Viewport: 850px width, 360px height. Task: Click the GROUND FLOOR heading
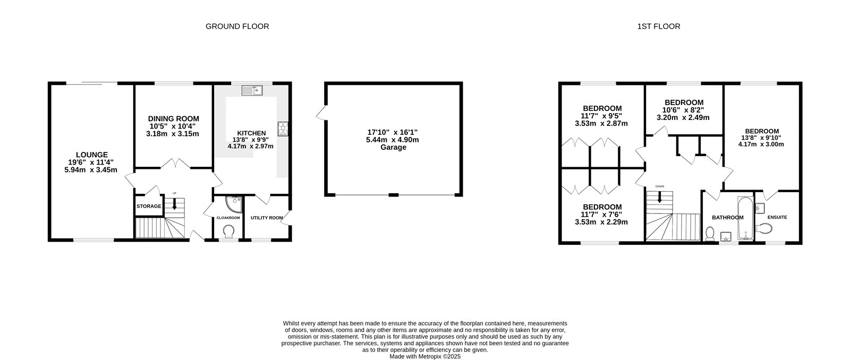point(237,26)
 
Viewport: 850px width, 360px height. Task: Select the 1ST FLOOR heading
point(658,26)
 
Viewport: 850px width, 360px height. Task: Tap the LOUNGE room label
point(91,155)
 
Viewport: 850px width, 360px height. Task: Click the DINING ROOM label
point(173,118)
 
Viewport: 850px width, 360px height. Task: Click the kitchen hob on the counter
point(282,128)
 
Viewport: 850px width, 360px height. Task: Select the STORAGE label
point(149,206)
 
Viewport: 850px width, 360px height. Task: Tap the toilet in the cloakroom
point(229,232)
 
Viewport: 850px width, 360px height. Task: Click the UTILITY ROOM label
point(267,218)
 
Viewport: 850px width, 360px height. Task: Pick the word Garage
point(393,148)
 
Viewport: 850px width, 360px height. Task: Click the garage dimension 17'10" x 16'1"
point(393,132)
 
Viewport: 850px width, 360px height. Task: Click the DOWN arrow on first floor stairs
point(660,196)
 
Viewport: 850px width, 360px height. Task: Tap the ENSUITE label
point(777,217)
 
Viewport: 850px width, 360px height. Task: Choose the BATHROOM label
point(727,218)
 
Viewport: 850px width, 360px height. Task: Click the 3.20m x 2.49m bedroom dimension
point(684,118)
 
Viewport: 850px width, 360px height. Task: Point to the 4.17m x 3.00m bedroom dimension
point(761,144)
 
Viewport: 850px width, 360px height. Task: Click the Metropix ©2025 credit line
point(424,357)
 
